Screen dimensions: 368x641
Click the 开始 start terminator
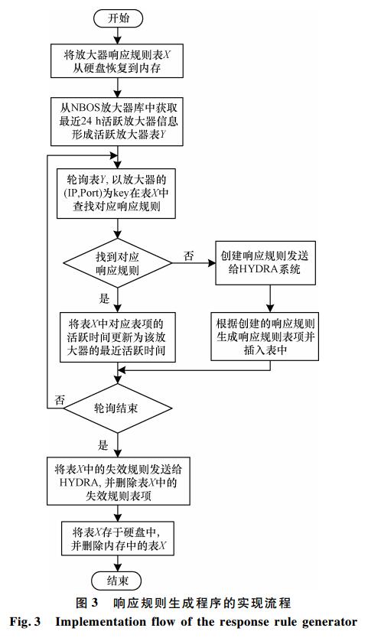click(x=118, y=18)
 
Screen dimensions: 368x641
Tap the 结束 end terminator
click(x=117, y=581)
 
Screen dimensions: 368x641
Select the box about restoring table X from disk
click(x=117, y=61)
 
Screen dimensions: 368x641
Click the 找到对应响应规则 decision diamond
click(x=117, y=263)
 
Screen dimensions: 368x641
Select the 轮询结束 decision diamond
click(x=117, y=408)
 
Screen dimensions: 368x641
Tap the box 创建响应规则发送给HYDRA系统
click(x=265, y=263)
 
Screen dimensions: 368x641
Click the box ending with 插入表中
click(x=265, y=337)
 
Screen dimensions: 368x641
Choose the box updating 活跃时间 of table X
click(x=117, y=337)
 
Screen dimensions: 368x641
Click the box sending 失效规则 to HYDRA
click(x=118, y=480)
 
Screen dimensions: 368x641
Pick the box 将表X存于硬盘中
click(x=117, y=538)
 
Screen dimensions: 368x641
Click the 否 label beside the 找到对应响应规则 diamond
click(x=188, y=256)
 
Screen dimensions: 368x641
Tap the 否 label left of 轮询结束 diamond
click(x=60, y=400)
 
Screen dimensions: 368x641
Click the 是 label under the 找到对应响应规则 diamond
click(x=104, y=298)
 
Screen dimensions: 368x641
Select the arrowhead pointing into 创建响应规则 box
click(x=212, y=263)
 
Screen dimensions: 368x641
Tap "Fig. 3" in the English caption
click(x=25, y=623)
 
